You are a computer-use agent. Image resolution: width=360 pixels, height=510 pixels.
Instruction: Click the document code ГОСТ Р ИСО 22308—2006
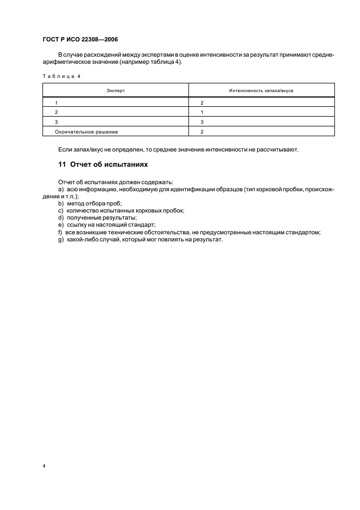(80, 40)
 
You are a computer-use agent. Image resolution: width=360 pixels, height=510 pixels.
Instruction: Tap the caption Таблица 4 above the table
(61, 76)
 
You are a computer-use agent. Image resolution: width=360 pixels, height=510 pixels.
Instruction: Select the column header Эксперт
(115, 90)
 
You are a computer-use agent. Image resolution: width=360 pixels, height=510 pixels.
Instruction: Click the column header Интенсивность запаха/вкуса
(261, 90)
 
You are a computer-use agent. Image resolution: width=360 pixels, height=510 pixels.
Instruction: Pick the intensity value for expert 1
(202, 102)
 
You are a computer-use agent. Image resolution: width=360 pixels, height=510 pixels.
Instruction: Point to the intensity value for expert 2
(202, 112)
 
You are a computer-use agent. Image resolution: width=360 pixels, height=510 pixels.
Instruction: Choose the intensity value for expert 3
(202, 122)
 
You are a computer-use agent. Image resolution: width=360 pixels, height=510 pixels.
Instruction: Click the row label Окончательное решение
(87, 132)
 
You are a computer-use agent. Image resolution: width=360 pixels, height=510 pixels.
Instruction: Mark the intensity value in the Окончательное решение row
(202, 132)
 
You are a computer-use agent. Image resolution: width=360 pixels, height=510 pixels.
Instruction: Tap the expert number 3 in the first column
(56, 122)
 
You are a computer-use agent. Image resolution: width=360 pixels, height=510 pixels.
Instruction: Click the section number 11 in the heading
(62, 164)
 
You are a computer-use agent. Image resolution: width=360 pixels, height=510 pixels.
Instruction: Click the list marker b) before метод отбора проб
(60, 203)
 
